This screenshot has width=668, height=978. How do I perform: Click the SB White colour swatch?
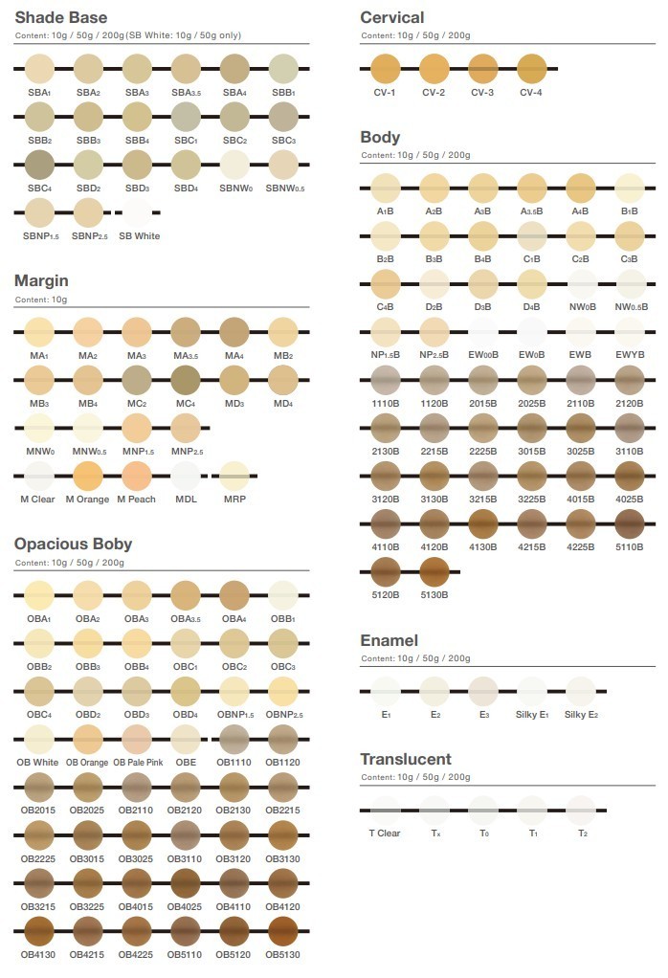(137, 212)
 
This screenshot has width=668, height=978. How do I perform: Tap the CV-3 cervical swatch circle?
(482, 69)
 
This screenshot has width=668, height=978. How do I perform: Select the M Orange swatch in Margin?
(88, 476)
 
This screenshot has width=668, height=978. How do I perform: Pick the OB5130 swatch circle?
(282, 931)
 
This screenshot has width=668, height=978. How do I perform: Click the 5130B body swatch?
(434, 571)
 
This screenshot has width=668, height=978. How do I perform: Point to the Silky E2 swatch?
(581, 691)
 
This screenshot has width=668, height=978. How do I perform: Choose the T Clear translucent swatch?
(385, 811)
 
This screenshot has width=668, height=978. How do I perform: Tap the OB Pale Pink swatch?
(137, 739)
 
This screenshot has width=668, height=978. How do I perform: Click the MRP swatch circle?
(234, 476)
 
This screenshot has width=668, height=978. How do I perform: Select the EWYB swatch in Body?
(630, 332)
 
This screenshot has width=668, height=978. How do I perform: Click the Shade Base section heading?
(61, 17)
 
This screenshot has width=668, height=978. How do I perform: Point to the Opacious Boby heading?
(73, 544)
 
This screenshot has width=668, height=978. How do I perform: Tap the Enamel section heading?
(390, 640)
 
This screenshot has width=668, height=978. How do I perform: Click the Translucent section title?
(406, 759)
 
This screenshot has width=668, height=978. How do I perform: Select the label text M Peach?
(137, 499)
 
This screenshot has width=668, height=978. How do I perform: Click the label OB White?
(37, 762)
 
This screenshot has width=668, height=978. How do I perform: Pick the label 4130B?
(482, 547)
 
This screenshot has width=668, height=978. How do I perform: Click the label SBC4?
(39, 189)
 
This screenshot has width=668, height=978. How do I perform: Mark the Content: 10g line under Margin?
(41, 300)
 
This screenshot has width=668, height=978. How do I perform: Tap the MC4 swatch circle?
(186, 380)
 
